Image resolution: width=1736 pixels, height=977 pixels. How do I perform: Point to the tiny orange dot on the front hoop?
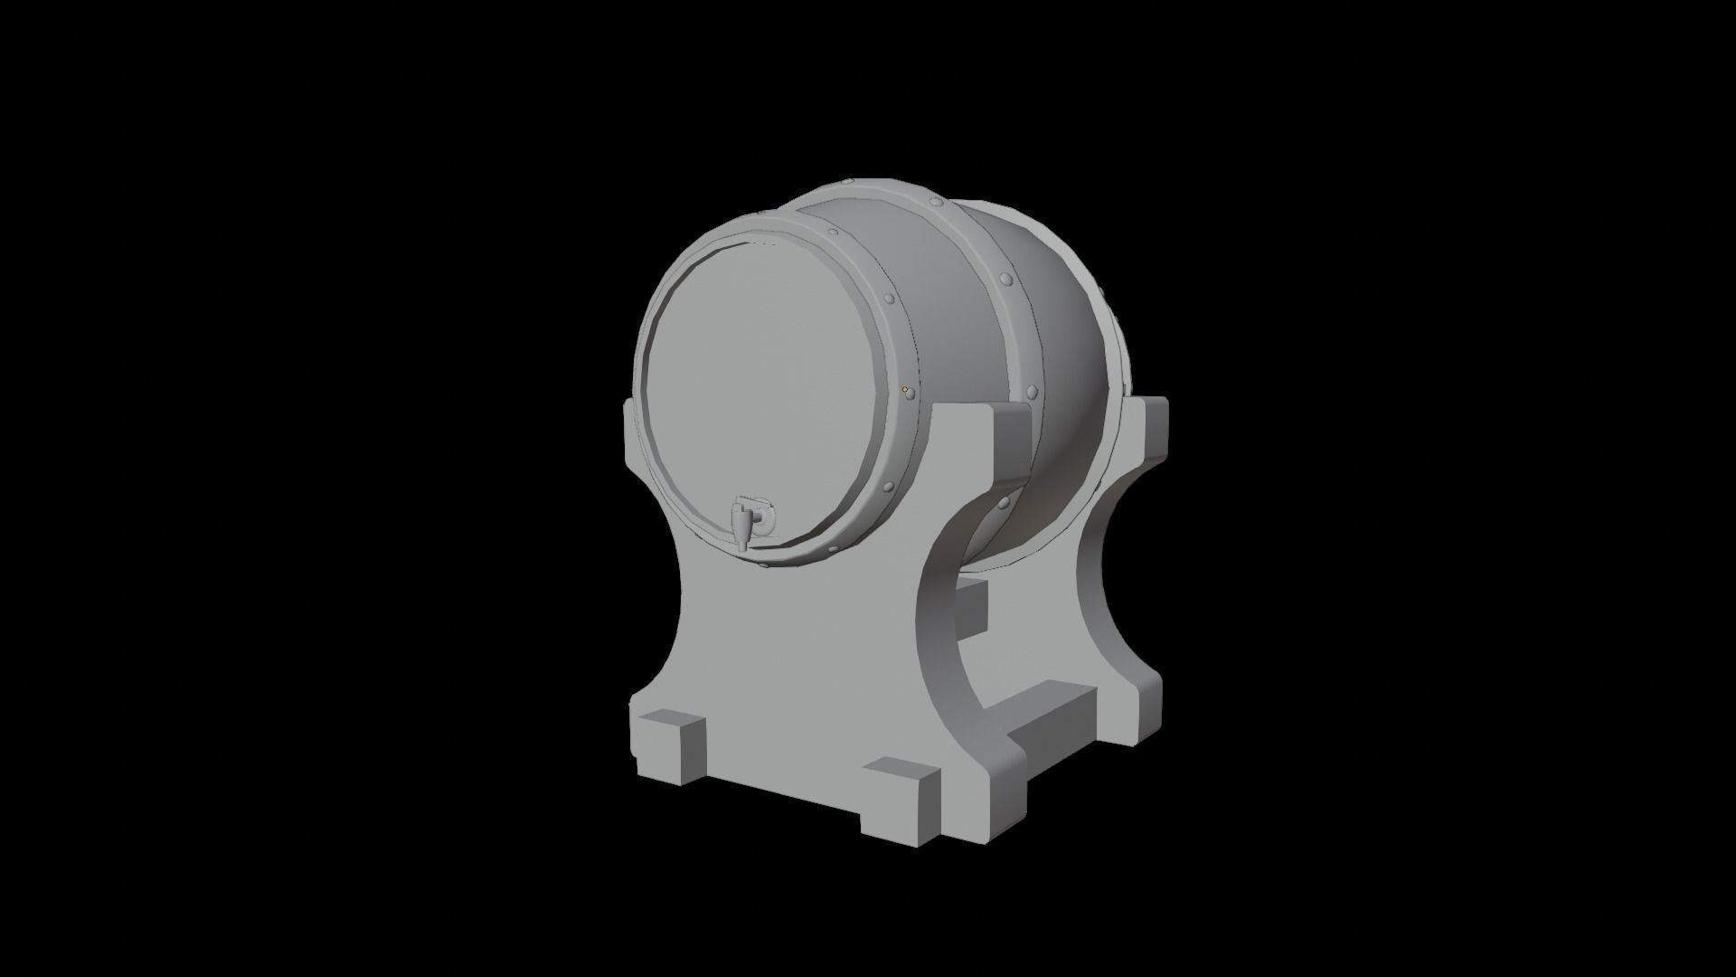[x=904, y=390]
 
